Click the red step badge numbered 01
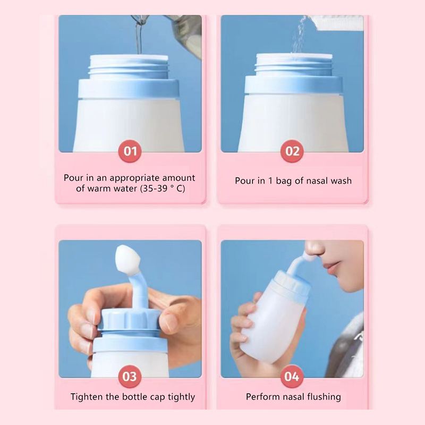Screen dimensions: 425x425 130,151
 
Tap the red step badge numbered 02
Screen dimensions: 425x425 292,151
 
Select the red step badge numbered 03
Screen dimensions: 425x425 130,377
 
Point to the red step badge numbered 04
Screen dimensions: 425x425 292,377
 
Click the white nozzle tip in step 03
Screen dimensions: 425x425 125,259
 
